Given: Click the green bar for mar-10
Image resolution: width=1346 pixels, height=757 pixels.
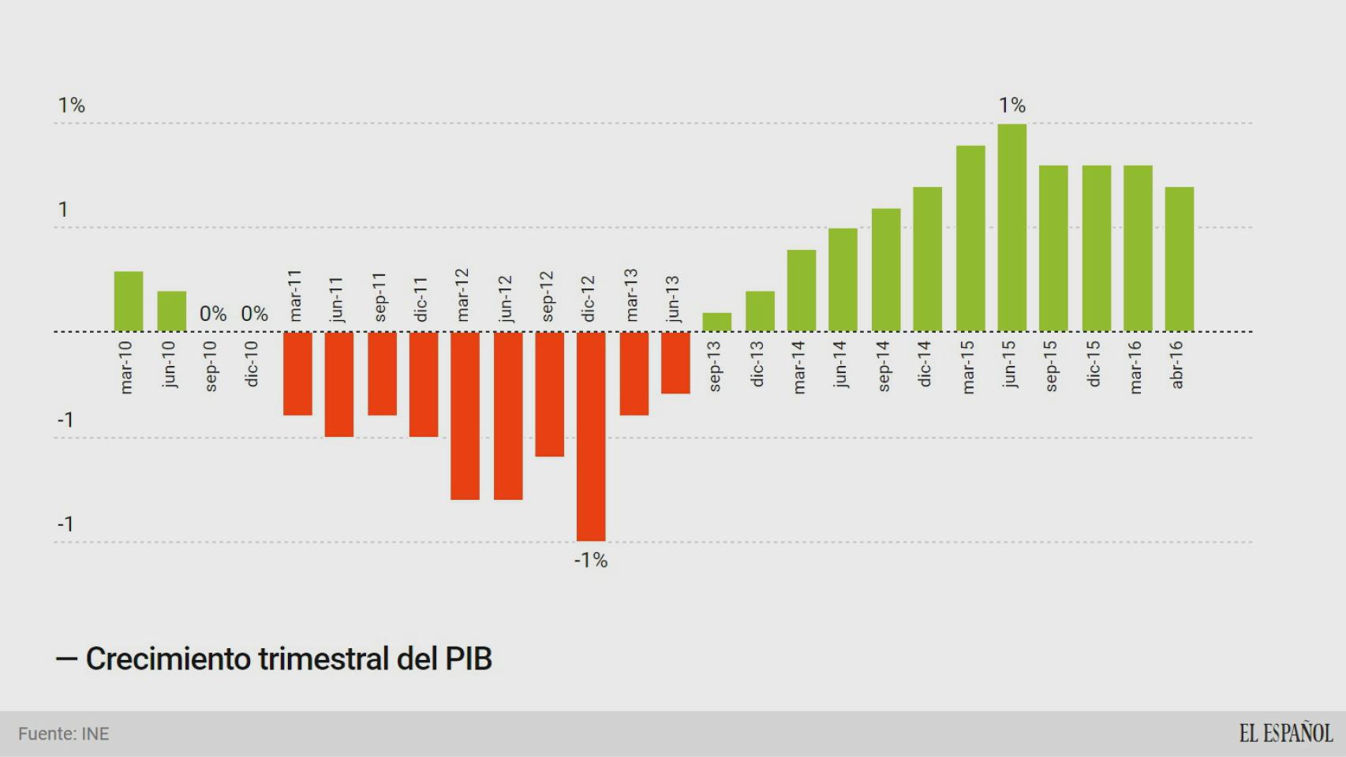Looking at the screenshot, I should (x=129, y=301).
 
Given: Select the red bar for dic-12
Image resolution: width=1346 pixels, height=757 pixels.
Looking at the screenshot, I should (x=591, y=435).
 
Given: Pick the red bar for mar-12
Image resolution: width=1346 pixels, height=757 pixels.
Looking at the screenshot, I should (x=465, y=415).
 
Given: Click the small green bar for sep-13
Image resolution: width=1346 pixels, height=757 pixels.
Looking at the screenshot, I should (x=716, y=322).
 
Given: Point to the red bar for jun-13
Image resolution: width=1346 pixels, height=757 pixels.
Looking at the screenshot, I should (x=675, y=362).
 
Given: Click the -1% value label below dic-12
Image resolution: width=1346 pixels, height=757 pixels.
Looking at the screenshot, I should (x=591, y=561).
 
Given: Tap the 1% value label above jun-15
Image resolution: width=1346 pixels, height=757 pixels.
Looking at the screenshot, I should (x=1012, y=105).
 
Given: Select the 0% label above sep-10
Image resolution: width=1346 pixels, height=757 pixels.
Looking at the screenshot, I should (x=213, y=314).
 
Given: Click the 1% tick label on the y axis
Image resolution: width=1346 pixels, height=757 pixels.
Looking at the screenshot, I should (x=71, y=105).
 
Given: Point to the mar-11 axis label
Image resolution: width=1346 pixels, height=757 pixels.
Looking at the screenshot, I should (x=295, y=296).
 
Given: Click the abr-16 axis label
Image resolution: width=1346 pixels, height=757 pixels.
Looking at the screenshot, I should (x=1177, y=365).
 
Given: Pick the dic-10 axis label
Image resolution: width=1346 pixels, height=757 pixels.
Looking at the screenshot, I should (x=252, y=364).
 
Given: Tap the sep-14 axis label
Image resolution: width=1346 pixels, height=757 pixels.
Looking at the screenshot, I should (x=884, y=366).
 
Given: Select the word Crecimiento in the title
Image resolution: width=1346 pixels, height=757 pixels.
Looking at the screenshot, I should (x=168, y=658).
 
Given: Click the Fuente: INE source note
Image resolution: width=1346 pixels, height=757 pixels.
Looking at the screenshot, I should (x=64, y=734).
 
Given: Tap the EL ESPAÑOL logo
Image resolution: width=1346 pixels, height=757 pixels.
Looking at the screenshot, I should (x=1285, y=733).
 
